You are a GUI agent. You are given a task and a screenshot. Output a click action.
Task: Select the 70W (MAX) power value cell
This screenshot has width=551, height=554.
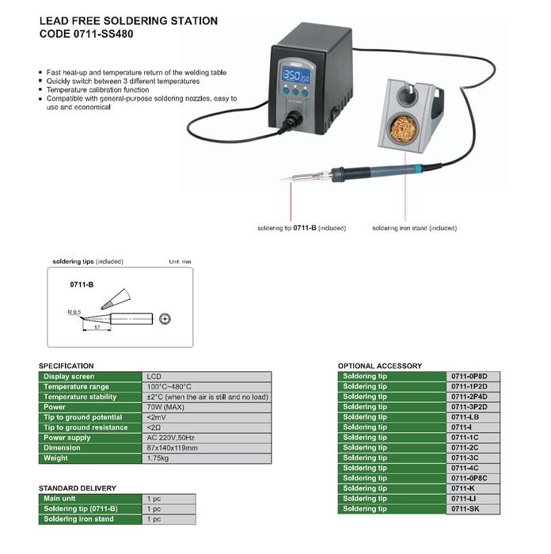(x=165, y=407)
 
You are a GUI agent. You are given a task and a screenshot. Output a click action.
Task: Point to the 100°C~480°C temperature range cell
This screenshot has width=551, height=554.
(x=169, y=386)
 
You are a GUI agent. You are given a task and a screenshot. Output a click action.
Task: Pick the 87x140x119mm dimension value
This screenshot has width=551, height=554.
(x=173, y=448)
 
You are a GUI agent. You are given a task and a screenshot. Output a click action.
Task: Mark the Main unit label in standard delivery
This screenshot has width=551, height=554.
(x=61, y=499)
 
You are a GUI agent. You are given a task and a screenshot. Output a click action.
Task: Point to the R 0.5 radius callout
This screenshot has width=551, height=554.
(x=74, y=313)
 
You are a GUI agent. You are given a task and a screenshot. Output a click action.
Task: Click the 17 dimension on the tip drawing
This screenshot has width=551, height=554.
(x=97, y=326)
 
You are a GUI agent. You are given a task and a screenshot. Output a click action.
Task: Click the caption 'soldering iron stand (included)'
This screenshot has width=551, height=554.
(x=414, y=228)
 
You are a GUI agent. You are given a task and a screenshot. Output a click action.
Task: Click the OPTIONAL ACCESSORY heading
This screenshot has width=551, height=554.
(x=380, y=366)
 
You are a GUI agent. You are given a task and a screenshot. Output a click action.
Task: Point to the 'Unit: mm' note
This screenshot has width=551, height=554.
(x=180, y=261)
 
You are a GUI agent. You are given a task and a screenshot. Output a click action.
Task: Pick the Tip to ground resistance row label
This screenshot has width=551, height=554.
(x=85, y=427)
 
